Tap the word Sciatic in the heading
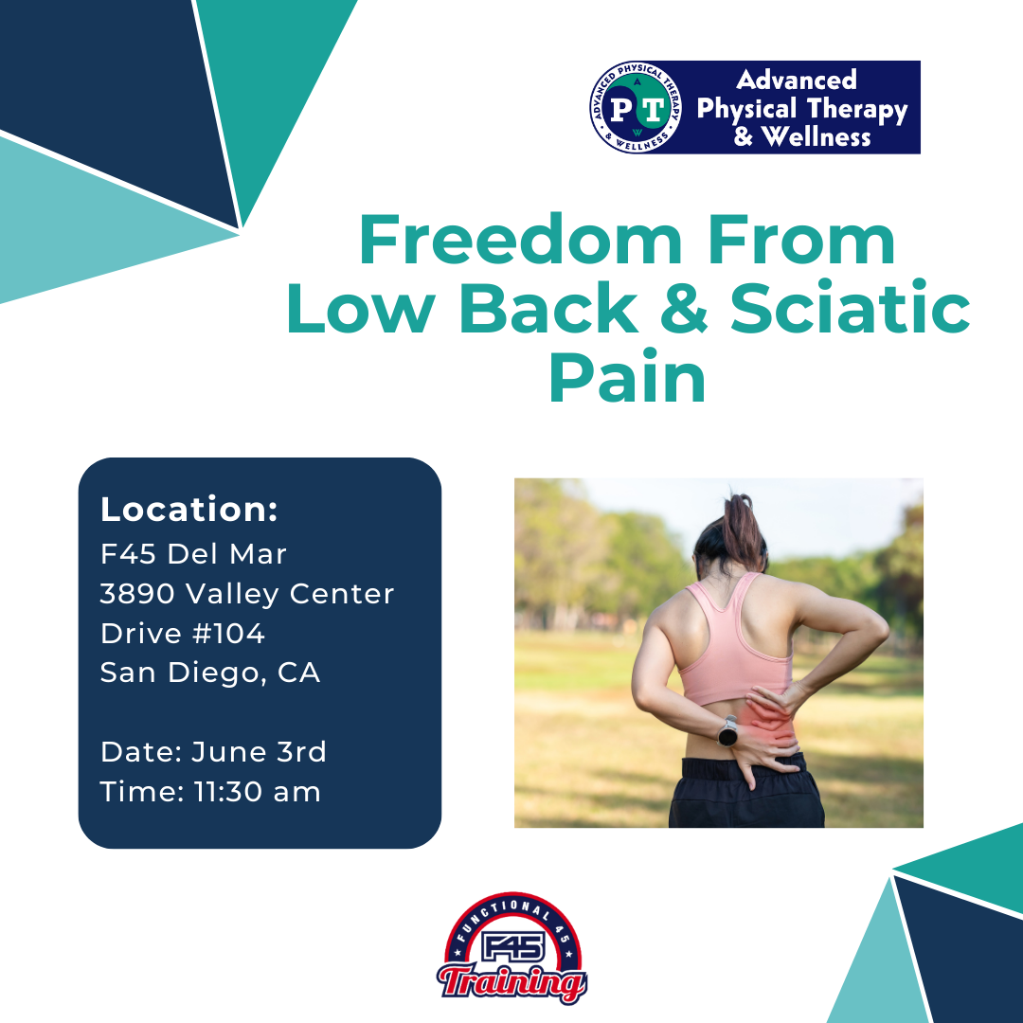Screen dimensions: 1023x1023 850,307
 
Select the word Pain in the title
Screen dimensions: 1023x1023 627,377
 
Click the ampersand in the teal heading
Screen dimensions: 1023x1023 683,307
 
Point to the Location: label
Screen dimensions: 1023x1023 189,509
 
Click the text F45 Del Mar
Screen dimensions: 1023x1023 193,554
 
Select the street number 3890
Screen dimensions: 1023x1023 137,594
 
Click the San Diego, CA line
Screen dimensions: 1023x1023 210,673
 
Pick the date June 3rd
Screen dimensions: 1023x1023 259,751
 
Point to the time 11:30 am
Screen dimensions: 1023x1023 257,791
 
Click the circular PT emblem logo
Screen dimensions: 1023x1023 637,108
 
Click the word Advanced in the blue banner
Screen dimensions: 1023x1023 796,80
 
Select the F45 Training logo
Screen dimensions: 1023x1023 512,948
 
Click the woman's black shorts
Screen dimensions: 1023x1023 747,793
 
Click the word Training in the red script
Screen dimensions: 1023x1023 512,982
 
